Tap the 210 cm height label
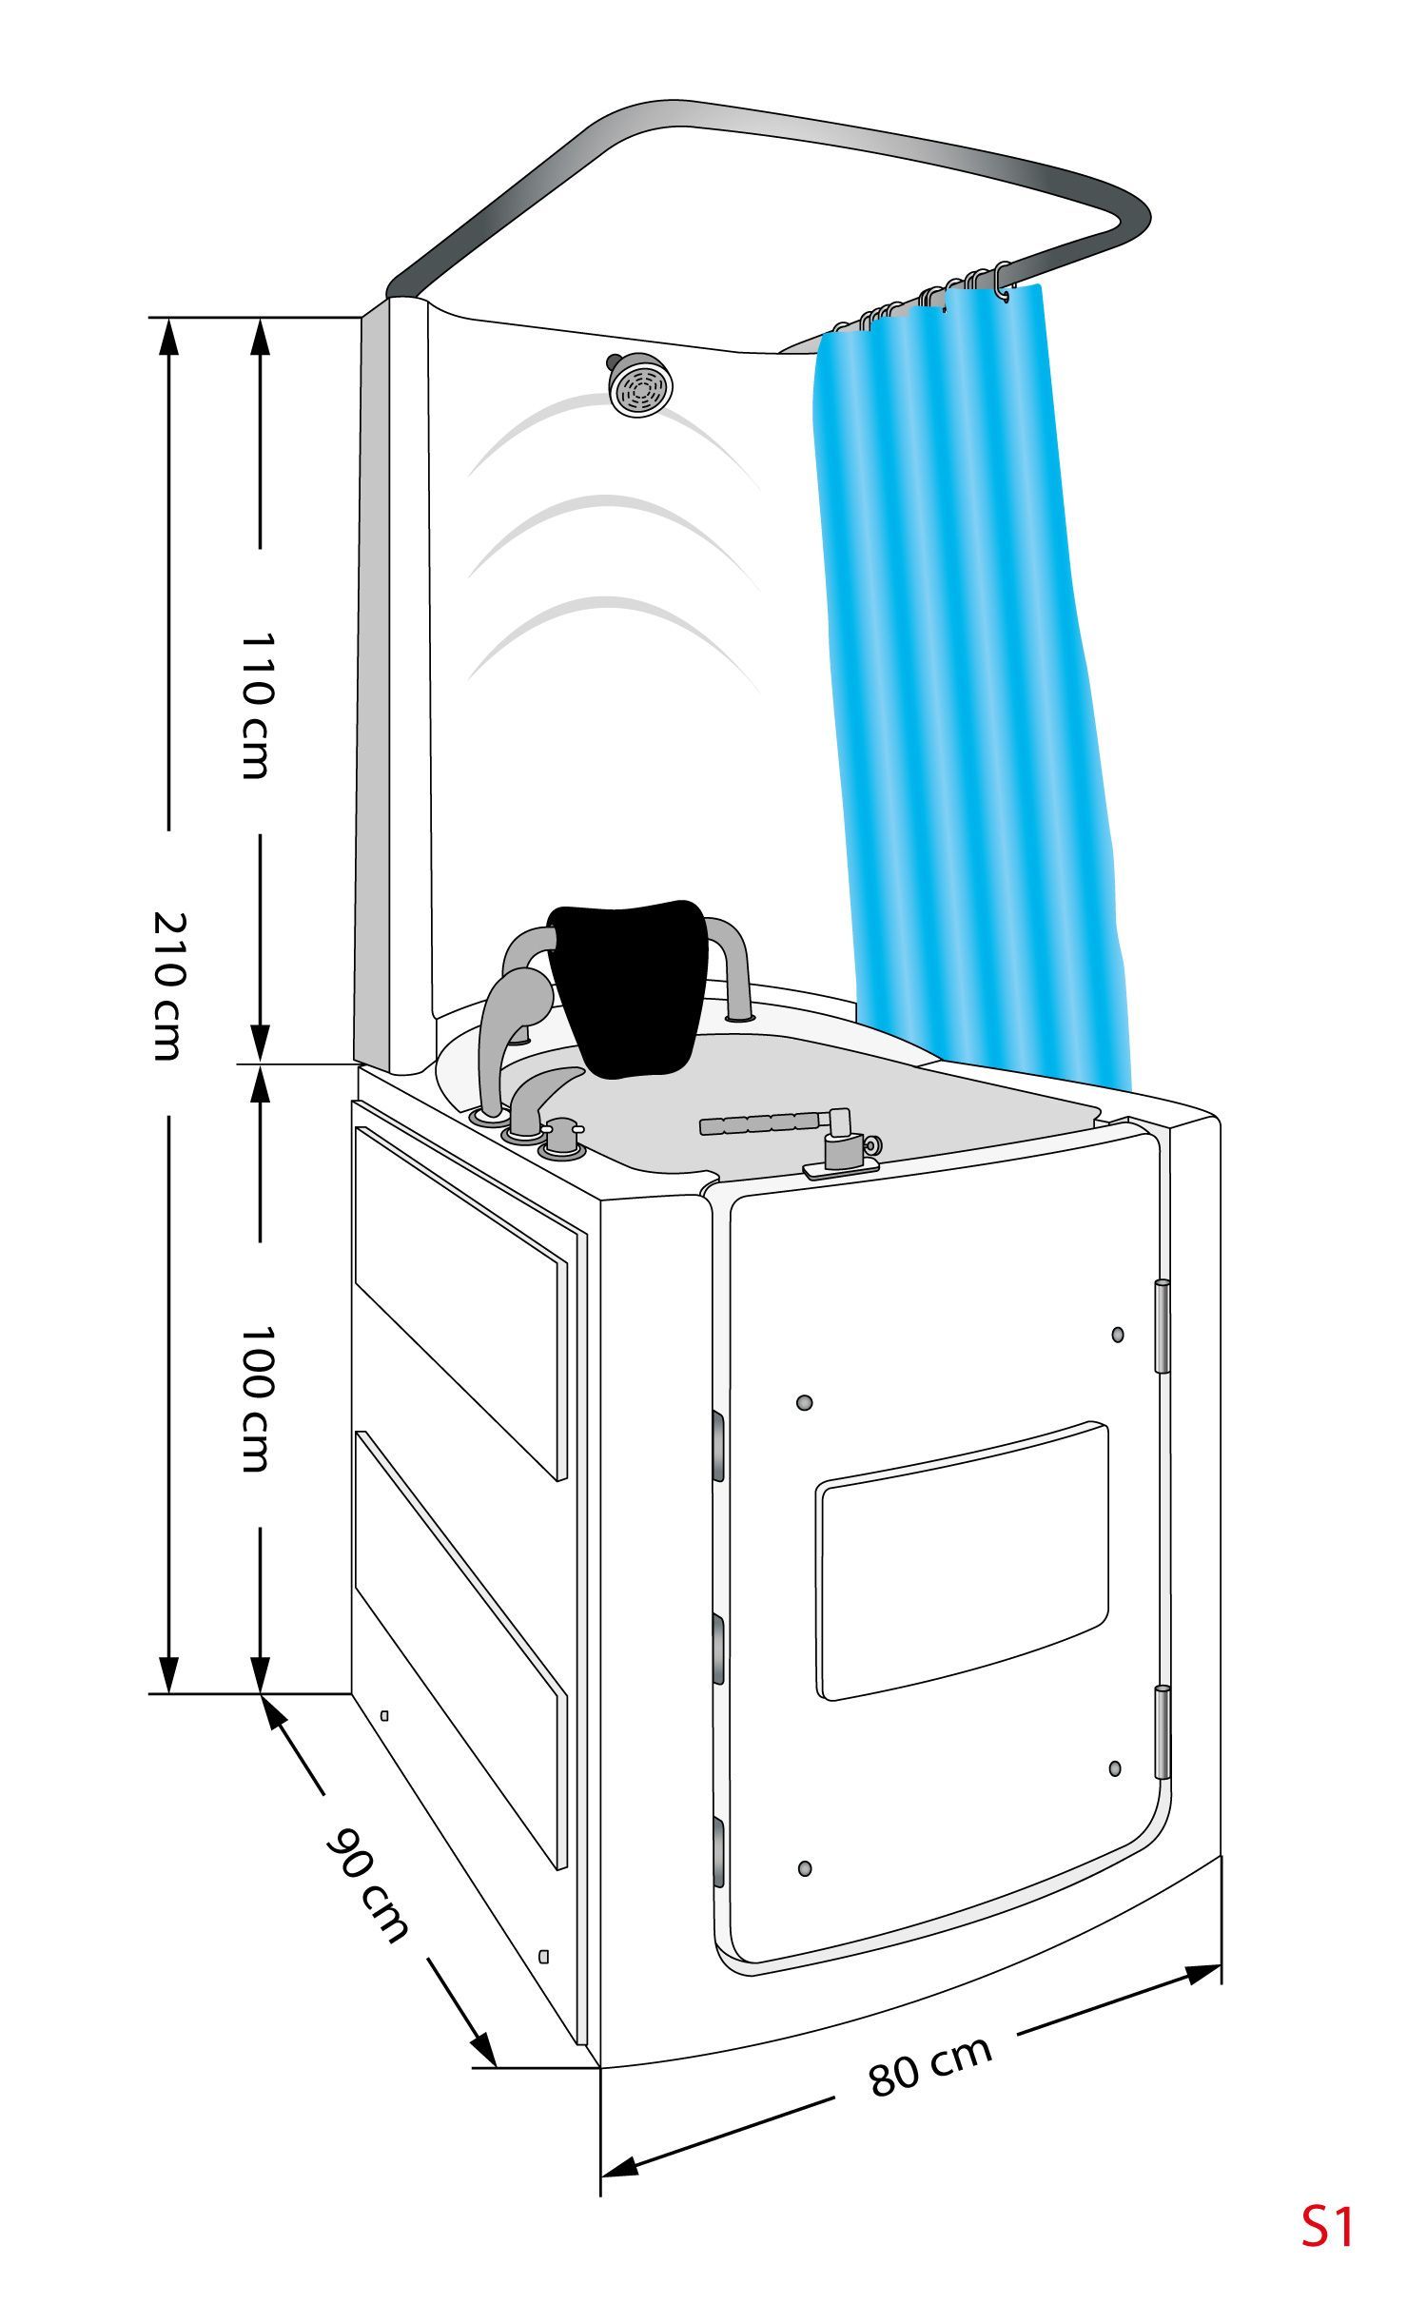coord(168,986)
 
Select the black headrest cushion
coord(628,987)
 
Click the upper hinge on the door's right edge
coord(1162,1326)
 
